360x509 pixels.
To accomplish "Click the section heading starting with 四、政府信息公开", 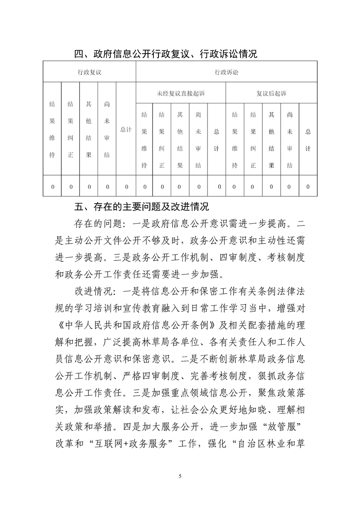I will coord(166,54).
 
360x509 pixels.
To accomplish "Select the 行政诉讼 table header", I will coord(226,72).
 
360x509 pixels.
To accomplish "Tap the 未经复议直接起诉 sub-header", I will coord(181,93).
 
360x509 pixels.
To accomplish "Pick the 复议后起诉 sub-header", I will coord(271,93).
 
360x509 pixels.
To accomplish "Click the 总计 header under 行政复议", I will coord(126,129).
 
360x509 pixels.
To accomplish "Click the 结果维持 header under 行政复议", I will coord(52,129).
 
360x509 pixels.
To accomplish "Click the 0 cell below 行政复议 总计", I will coord(126,186).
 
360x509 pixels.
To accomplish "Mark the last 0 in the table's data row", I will coord(308,186).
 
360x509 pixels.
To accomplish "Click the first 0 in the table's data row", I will coord(52,186).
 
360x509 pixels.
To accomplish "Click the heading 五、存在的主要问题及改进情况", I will coord(141,207).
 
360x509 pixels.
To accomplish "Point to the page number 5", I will coord(180,476).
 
